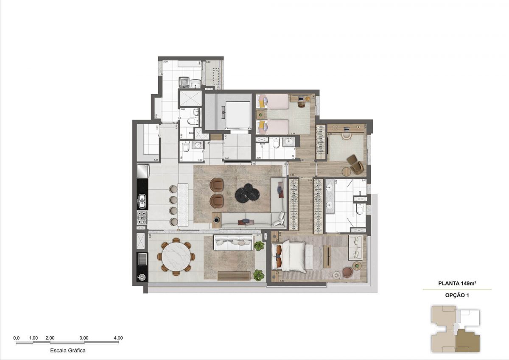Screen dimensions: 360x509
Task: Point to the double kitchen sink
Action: click(x=142, y=201)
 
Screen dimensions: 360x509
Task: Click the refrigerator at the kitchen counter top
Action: click(x=143, y=172)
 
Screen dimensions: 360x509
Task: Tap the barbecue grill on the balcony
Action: click(x=142, y=259)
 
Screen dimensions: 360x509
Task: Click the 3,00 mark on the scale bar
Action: click(x=84, y=338)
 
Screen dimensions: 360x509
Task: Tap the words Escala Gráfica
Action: click(x=68, y=351)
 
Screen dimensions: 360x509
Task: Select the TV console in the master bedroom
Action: click(x=327, y=256)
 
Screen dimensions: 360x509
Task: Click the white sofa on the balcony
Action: click(x=233, y=242)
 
